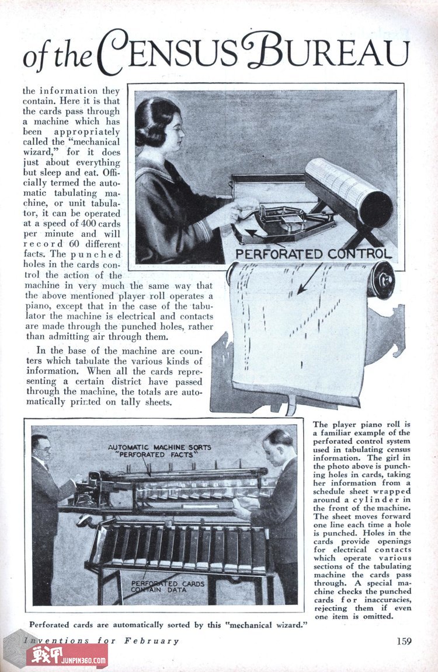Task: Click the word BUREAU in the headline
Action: click(x=326, y=51)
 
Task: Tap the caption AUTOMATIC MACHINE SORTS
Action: click(x=159, y=447)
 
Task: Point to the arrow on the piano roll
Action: click(x=308, y=278)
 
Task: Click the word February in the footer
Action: click(x=151, y=640)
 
